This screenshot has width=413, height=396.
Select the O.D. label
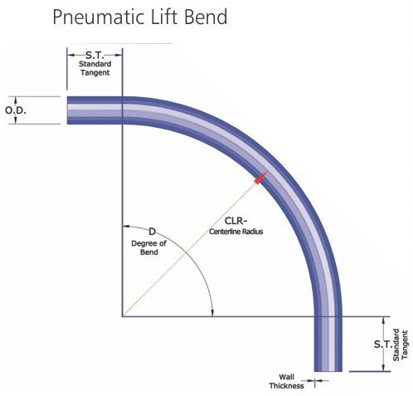tap(16, 110)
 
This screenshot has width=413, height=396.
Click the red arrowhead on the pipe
tap(260, 178)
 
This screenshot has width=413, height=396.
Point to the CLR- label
tap(236, 221)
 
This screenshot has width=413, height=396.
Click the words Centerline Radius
tap(236, 232)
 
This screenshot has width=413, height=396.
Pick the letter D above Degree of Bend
tap(152, 232)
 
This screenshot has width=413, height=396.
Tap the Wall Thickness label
tap(287, 381)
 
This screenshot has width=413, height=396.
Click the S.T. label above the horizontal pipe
tap(95, 55)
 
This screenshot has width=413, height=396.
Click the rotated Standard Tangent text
tap(401, 345)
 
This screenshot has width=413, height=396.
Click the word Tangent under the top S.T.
tap(95, 73)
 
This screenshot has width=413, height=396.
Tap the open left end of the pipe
tap(68, 110)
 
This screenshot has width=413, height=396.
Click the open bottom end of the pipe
tap(328, 370)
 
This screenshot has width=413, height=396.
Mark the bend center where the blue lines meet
tap(123, 316)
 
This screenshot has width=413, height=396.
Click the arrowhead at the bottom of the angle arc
tap(212, 313)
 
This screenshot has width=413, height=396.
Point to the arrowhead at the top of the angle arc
tap(126, 227)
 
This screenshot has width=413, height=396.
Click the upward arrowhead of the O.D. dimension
tap(16, 100)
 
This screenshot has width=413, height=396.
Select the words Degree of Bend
tap(149, 247)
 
